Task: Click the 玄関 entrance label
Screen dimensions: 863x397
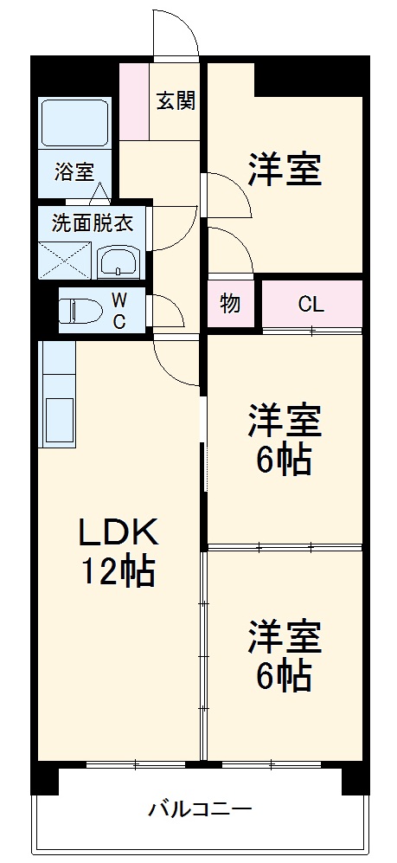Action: click(175, 100)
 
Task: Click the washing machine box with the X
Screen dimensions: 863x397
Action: click(65, 258)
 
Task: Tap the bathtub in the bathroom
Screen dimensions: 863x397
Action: click(74, 122)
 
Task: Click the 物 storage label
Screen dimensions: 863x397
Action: click(230, 304)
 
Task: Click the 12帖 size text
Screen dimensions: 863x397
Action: click(118, 571)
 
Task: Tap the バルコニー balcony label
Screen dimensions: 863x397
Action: click(200, 811)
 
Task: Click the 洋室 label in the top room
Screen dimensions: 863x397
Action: click(285, 170)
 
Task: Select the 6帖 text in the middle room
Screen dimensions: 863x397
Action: click(284, 461)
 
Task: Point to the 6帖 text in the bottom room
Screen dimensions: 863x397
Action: click(284, 676)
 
